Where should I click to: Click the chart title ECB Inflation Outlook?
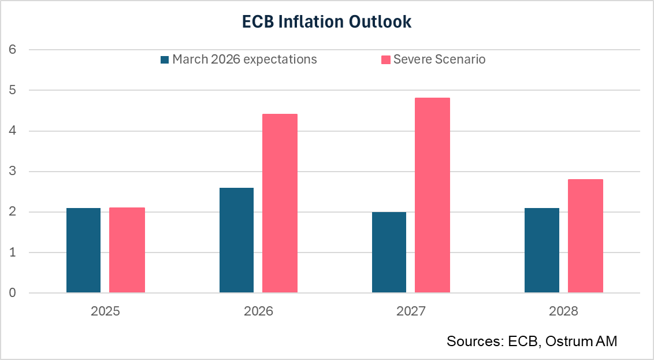point(326,21)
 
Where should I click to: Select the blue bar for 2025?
point(84,250)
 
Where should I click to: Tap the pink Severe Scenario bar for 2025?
point(127,250)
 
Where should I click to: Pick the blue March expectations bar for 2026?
point(236,240)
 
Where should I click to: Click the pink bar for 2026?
point(280,203)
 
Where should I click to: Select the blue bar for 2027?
point(389,253)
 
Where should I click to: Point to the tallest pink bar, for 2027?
point(432,195)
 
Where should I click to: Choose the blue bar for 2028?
point(542,250)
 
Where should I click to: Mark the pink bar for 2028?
point(585,236)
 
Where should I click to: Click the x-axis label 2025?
point(105,311)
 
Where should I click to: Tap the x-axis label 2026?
point(258,311)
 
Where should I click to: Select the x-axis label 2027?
point(411,311)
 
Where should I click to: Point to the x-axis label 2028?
point(563,311)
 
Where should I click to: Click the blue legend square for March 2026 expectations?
point(165,60)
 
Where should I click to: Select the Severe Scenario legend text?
point(439,60)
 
